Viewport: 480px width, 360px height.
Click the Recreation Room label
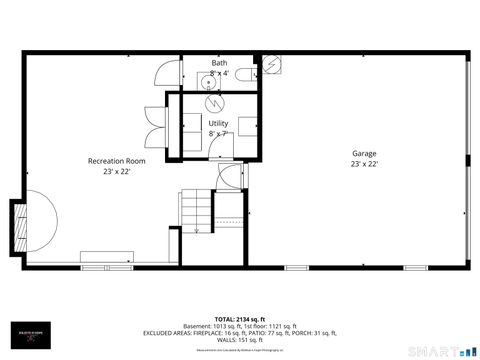116,160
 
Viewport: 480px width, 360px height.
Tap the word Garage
363,153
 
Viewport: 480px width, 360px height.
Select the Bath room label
219,63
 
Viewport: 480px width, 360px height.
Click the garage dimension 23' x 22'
363,164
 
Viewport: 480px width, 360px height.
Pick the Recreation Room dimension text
116,171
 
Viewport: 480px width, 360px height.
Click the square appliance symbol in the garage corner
270,63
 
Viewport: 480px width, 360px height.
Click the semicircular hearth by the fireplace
40,222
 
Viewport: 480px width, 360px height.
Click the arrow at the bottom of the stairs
196,231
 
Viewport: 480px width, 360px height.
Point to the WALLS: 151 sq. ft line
239,338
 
